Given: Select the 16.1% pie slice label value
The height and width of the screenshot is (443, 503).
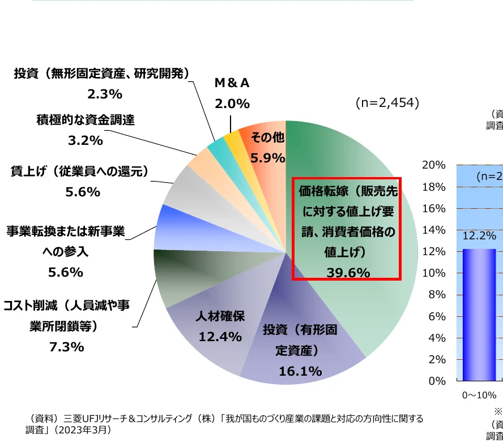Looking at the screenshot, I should coord(300,371).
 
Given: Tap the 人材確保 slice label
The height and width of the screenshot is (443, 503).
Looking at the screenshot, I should coord(220,316).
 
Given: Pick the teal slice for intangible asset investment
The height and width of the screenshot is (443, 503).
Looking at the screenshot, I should coord(216,145).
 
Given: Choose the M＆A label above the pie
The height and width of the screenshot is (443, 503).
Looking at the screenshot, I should coord(232,83).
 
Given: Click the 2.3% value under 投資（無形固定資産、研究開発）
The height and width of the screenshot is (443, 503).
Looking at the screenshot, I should coord(105,93).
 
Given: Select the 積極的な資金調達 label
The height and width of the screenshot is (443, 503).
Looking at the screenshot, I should coord(86,120).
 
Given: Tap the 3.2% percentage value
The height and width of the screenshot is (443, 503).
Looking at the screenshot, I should coord(86,140).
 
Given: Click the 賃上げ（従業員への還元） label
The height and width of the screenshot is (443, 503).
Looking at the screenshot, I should coord(79,171).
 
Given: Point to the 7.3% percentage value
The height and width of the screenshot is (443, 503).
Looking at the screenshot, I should coord(67,347).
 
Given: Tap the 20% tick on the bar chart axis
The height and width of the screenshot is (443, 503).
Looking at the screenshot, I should coord(434,165).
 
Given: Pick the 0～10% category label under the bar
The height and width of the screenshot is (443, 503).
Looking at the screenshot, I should coord(479,395).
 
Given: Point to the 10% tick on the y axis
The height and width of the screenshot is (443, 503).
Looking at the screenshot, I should coord(434,273).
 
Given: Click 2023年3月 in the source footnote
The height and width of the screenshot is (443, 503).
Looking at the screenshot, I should coord(90,431).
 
